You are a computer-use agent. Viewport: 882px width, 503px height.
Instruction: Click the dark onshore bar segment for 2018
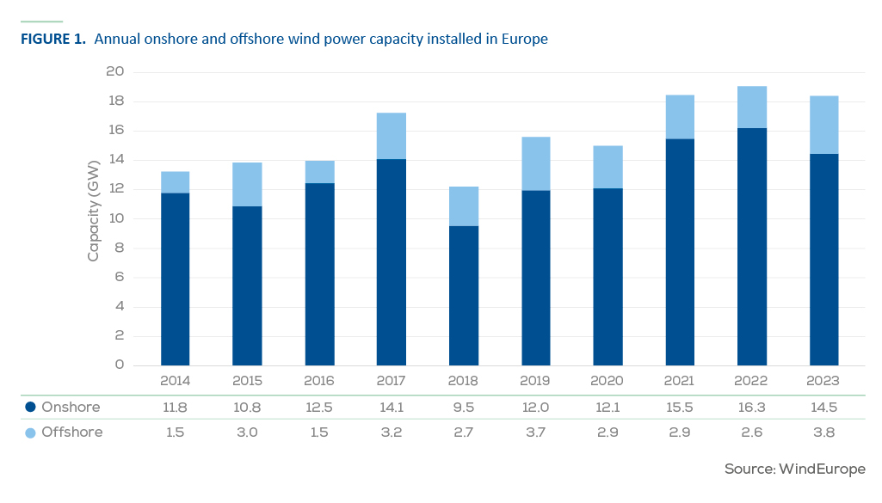click(464, 296)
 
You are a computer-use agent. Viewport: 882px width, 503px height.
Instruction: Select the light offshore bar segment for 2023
click(824, 125)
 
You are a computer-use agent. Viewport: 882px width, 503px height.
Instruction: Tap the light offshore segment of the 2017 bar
click(392, 136)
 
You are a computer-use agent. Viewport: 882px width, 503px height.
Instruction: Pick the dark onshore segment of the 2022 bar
click(752, 247)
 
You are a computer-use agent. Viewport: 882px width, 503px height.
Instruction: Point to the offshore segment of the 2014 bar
click(175, 182)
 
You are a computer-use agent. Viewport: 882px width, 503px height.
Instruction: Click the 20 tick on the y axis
click(114, 71)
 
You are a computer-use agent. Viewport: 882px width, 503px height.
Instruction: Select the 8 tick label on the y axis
click(120, 248)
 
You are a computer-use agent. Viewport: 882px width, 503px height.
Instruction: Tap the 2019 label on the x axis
click(535, 381)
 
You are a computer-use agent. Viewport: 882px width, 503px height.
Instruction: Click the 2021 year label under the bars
click(679, 381)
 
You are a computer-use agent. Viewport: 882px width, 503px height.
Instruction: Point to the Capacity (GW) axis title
click(94, 211)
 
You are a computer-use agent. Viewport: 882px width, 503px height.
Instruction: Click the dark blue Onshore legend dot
click(31, 407)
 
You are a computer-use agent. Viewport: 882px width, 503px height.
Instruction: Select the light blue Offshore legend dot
click(31, 432)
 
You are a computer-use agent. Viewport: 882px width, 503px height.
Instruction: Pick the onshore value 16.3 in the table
click(751, 408)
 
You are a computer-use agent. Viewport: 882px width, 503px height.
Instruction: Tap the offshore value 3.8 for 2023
click(823, 432)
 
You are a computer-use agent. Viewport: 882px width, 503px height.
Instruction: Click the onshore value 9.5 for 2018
click(464, 408)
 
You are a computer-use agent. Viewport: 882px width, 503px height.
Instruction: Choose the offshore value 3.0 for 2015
click(247, 432)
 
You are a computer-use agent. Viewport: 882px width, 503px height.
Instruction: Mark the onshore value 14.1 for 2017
click(392, 408)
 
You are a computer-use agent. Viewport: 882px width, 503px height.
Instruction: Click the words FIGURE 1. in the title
click(53, 39)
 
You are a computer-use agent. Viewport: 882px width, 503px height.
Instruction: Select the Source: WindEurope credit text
click(795, 469)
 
